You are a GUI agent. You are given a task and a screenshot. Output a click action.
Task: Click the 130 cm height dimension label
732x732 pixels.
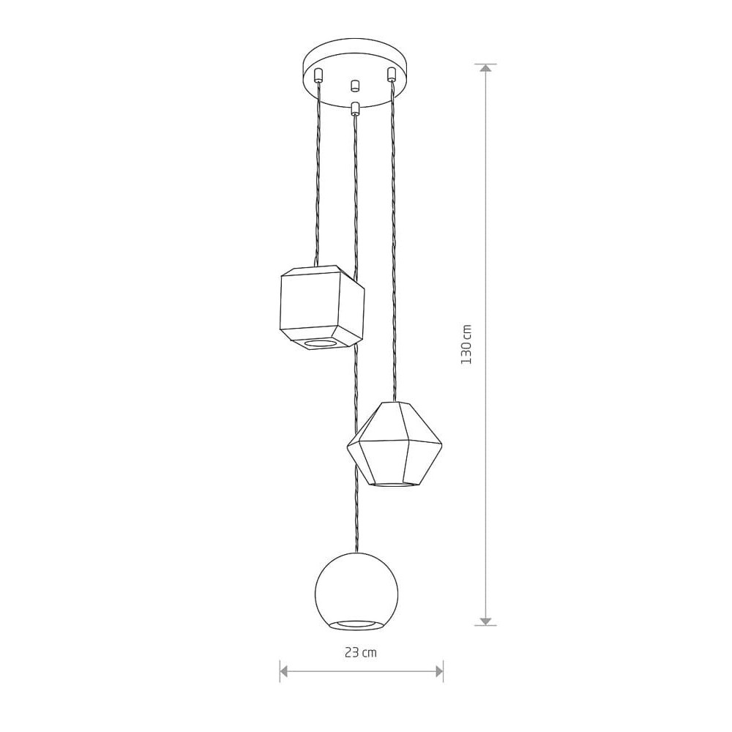click(466, 345)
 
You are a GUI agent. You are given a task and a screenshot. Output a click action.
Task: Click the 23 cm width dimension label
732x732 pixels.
click(360, 653)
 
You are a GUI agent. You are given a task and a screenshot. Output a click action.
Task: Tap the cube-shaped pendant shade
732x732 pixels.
click(322, 307)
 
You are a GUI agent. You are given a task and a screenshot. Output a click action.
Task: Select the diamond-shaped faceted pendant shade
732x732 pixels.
click(395, 444)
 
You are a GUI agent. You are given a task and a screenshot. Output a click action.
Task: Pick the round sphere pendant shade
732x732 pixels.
click(356, 591)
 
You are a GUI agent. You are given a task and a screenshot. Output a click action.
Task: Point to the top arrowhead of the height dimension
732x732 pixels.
click(486, 68)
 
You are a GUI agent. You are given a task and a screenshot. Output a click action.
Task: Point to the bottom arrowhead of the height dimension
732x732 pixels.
click(486, 621)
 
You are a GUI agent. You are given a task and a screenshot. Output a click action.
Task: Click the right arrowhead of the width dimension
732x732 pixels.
click(438, 672)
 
